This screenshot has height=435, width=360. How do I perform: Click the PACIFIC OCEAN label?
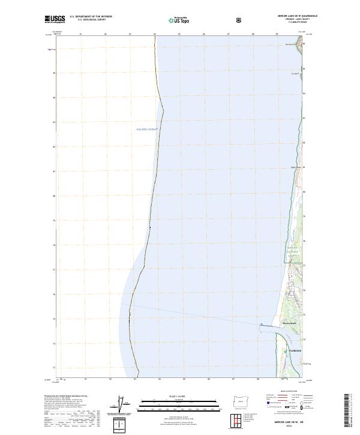147,130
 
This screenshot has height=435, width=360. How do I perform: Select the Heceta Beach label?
290,323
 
